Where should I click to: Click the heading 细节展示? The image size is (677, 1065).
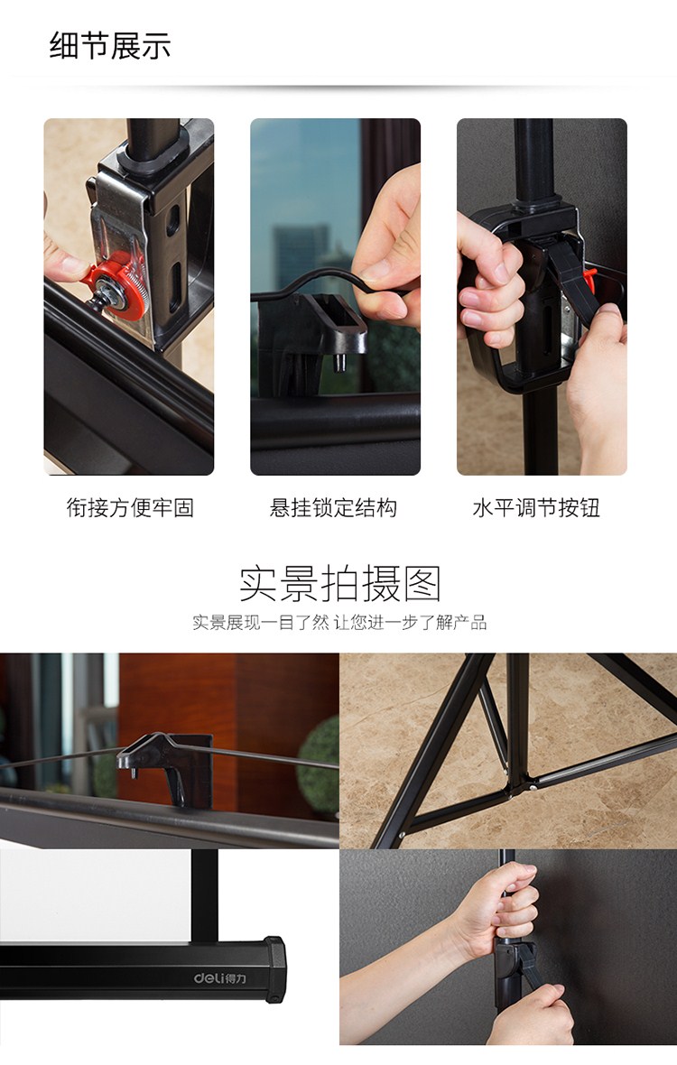[x=110, y=45]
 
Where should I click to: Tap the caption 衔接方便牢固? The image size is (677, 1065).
[x=130, y=507]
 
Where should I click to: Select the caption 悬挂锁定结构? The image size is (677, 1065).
[x=333, y=507]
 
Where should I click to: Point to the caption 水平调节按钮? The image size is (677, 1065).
[x=536, y=507]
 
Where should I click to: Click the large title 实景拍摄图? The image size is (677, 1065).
[x=339, y=583]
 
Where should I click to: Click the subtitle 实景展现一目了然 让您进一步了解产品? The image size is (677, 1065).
[x=339, y=622]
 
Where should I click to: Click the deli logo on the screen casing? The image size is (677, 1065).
[x=220, y=978]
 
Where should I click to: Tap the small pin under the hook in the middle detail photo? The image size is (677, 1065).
[x=339, y=363]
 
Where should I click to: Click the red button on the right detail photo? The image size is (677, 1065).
[x=589, y=281]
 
